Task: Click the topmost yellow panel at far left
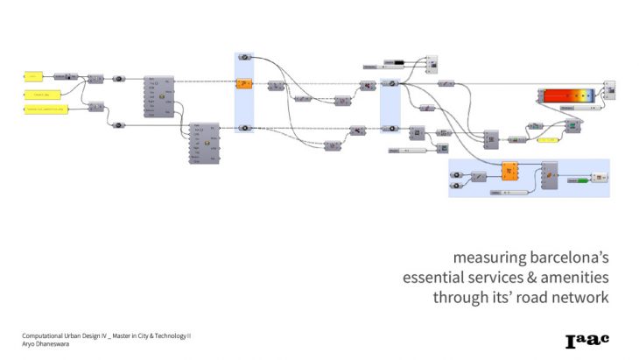tap(35, 77)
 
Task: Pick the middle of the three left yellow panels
tap(41, 93)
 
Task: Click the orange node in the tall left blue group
tap(244, 84)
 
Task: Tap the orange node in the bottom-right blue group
tap(510, 173)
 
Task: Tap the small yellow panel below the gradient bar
tap(550, 140)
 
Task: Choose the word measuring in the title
tap(482, 258)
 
